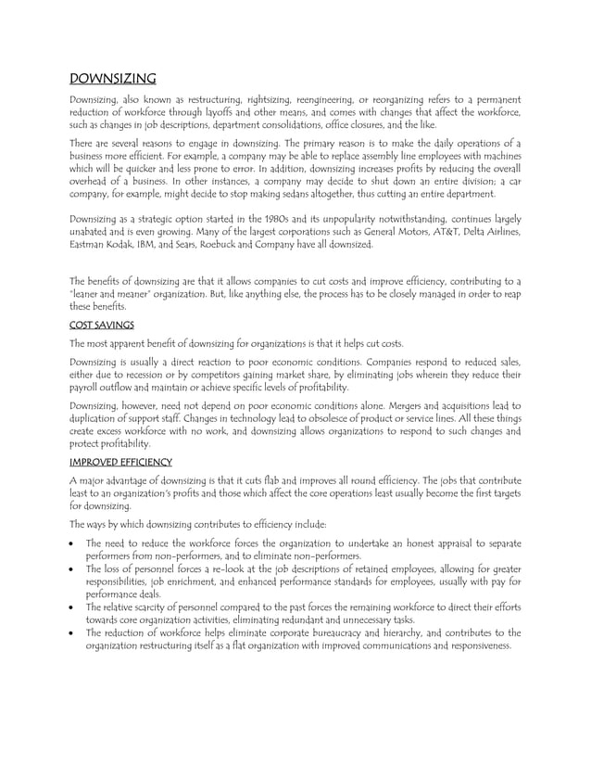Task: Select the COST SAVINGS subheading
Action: (103, 326)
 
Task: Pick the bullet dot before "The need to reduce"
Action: (74, 543)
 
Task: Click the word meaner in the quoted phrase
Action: (129, 294)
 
